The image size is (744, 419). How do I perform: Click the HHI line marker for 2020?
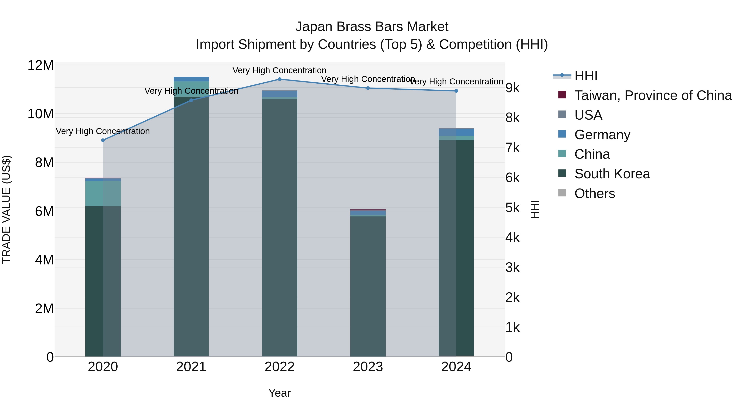[103, 140]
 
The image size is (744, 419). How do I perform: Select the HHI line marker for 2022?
[280, 79]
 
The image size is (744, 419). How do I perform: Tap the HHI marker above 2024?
[456, 91]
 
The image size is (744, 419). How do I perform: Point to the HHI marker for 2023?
[368, 88]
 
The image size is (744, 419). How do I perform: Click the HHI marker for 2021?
[191, 100]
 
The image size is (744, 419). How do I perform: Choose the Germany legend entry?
[602, 135]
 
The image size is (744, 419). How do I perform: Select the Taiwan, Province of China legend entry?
[653, 95]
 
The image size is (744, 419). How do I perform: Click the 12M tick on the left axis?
[41, 65]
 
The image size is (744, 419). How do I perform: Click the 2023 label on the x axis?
[368, 367]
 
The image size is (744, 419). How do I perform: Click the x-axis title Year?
[280, 393]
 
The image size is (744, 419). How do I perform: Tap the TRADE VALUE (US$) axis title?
[6, 209]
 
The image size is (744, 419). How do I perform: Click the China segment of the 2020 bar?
[103, 193]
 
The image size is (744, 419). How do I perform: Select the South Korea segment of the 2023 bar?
[368, 286]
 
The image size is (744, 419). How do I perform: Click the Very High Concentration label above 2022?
[280, 71]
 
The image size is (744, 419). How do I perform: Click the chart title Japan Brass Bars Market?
[372, 27]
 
